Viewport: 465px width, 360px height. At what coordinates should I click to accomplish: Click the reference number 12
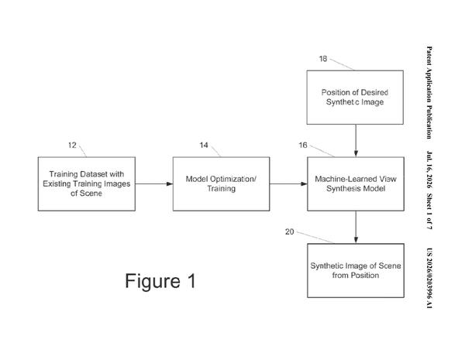[x=72, y=146]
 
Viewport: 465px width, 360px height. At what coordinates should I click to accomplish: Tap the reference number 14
[x=204, y=146]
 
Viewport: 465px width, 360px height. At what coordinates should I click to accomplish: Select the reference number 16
[x=303, y=146]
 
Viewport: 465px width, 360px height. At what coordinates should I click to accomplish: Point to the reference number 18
[x=323, y=59]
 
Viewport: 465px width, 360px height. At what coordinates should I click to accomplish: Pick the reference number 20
[x=289, y=231]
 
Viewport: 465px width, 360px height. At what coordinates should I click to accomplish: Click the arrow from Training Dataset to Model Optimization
[x=154, y=184]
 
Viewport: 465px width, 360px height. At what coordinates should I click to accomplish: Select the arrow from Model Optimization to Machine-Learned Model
[x=288, y=184]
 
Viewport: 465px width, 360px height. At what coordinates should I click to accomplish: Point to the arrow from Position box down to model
[x=356, y=141]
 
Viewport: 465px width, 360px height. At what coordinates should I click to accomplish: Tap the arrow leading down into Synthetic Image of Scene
[x=356, y=228]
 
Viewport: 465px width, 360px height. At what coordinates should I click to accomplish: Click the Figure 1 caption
[x=160, y=281]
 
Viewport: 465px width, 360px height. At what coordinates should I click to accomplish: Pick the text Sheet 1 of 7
[x=429, y=211]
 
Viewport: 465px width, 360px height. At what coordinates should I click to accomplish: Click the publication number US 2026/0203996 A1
[x=429, y=278]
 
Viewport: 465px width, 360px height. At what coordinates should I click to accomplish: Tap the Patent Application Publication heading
[x=429, y=92]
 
